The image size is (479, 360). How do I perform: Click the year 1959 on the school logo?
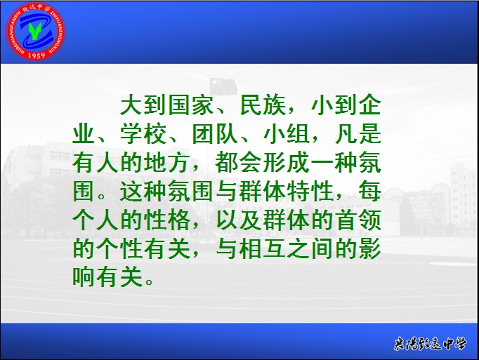point(37,55)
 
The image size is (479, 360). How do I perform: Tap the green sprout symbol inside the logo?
point(35,31)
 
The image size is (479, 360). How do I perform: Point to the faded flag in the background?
point(223,86)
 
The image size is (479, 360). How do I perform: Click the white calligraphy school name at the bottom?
point(430,344)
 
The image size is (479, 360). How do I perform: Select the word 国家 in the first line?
point(192,105)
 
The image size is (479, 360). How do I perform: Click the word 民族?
point(263,105)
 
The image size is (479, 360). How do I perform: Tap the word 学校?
point(143,134)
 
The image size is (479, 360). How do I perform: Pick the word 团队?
point(216,134)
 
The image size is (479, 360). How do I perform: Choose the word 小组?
point(287,134)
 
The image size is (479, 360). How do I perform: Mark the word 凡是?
point(358,134)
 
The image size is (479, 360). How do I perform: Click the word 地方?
point(167,162)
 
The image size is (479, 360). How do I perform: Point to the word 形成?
point(287,162)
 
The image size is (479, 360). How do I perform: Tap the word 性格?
point(167,220)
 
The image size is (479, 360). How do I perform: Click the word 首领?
point(358,220)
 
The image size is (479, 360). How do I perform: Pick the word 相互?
point(263,248)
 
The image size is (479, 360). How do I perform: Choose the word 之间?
point(310,248)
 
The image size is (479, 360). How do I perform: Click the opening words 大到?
point(143,105)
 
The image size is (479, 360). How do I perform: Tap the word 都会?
point(239,162)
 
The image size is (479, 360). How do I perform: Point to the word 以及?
point(239,220)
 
